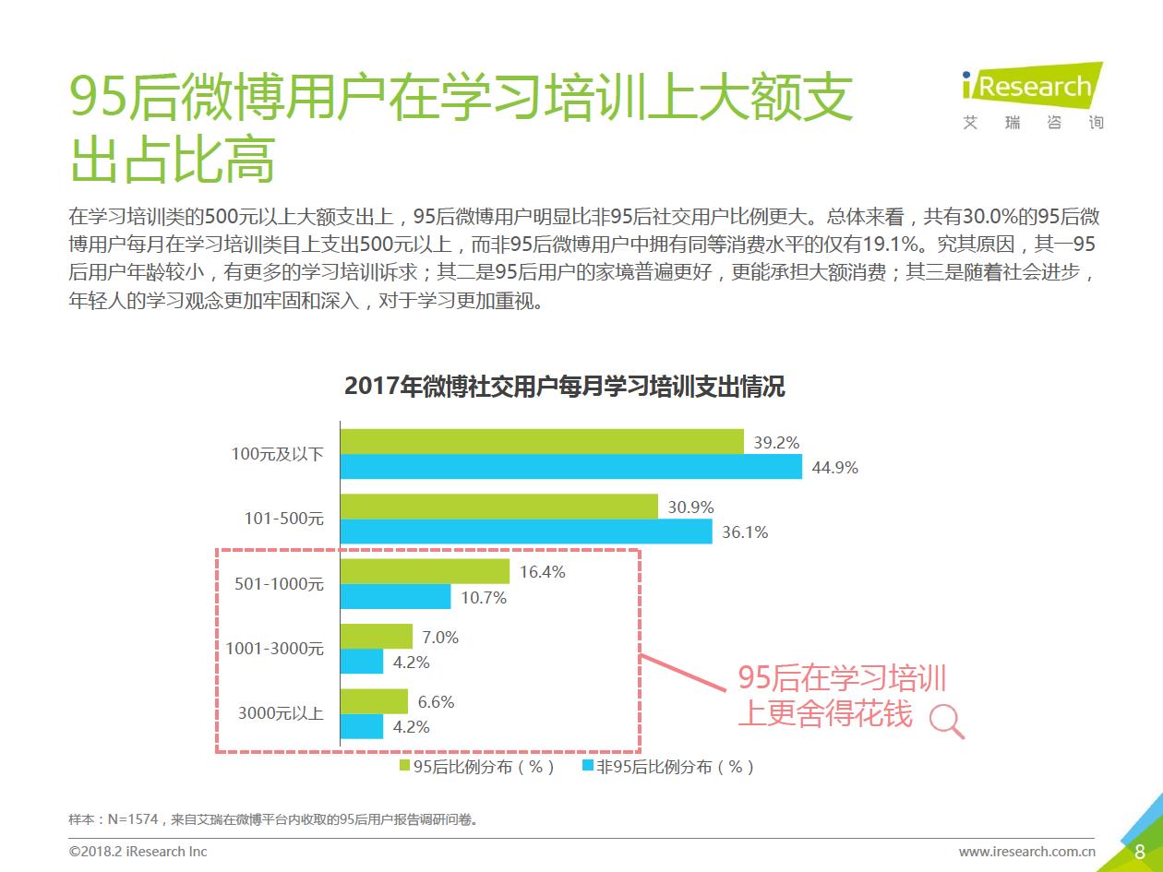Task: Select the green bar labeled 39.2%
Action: pyautogui.click(x=542, y=442)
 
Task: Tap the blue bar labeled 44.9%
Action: pyautogui.click(x=571, y=467)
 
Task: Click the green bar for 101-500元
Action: pyautogui.click(x=499, y=507)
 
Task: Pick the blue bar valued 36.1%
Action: pyautogui.click(x=526, y=532)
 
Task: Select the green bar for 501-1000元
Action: pyautogui.click(x=425, y=571)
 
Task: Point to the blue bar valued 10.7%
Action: pyautogui.click(x=396, y=597)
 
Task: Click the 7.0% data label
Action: pyautogui.click(x=440, y=637)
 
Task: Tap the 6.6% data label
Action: pyautogui.click(x=436, y=701)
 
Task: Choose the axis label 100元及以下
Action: pyautogui.click(x=277, y=454)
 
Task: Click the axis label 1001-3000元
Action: pyautogui.click(x=275, y=649)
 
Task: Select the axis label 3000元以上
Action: pyautogui.click(x=281, y=713)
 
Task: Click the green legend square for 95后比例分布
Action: pyautogui.click(x=404, y=766)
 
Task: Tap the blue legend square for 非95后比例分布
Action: pyautogui.click(x=588, y=766)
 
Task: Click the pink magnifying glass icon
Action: pyautogui.click(x=946, y=720)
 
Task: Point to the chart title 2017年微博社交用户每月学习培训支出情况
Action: pyautogui.click(x=564, y=386)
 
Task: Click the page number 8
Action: pyautogui.click(x=1140, y=851)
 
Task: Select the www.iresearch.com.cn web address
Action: pyautogui.click(x=1026, y=851)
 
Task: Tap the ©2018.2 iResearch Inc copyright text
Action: pyautogui.click(x=138, y=851)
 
